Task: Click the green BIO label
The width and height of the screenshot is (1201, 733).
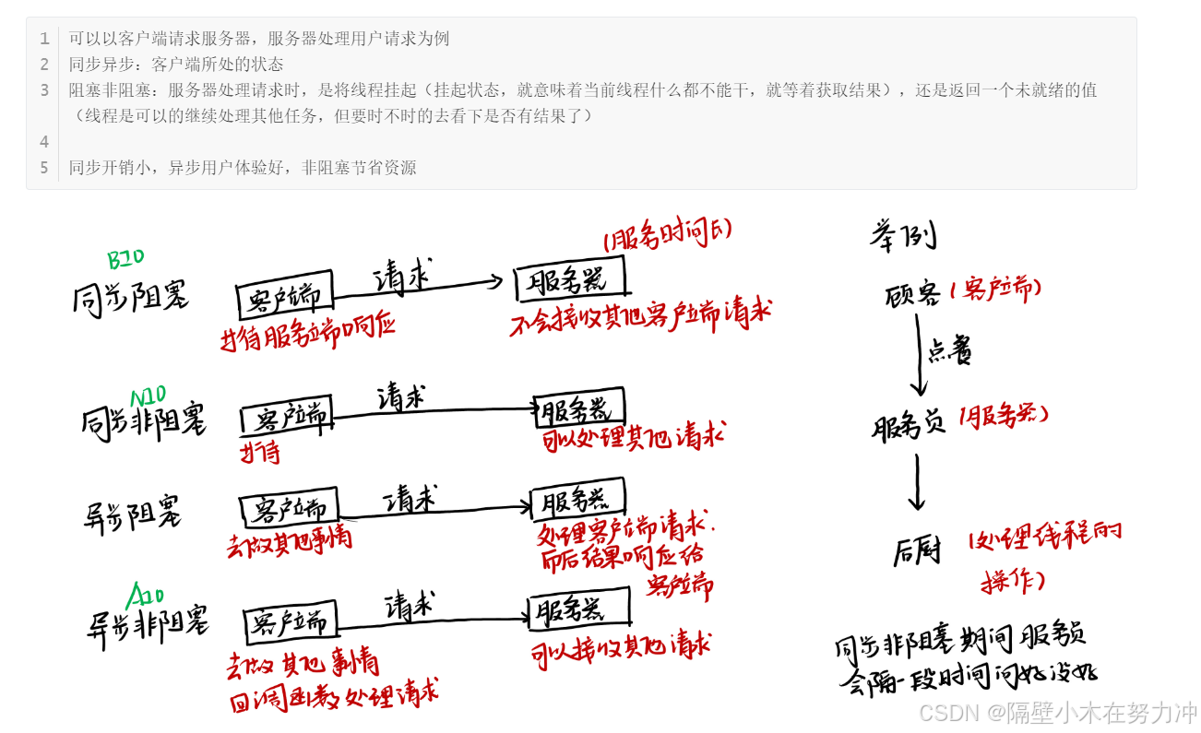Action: (126, 259)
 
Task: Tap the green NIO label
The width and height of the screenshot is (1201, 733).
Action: (147, 396)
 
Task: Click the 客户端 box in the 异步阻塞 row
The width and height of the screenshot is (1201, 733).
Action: (290, 509)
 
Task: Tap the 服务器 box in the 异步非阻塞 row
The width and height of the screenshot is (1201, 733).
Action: (579, 609)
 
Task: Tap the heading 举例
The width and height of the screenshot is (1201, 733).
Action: (903, 235)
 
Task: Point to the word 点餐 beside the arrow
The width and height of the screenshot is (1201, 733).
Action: (949, 351)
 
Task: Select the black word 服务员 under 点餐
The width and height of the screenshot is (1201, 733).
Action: (909, 427)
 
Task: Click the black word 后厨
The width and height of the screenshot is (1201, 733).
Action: (917, 550)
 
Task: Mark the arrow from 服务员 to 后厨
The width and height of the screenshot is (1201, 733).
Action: (916, 481)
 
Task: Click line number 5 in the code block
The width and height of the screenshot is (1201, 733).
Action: (43, 168)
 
